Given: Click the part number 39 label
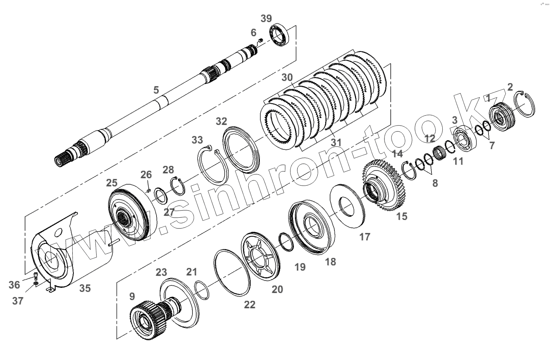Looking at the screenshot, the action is pos(266,18).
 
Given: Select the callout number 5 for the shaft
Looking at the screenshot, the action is pos(156,89).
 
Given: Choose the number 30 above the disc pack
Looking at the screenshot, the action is pos(287,78).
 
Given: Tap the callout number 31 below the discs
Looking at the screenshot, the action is pos(336,142).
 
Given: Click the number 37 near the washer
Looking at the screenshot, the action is pos(18,300).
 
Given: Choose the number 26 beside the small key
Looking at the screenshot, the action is pos(146,174).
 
